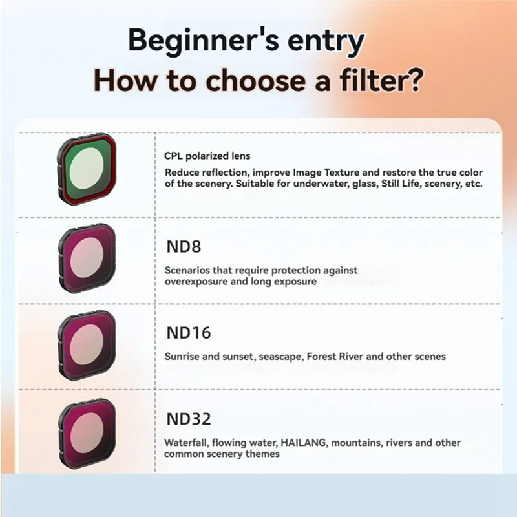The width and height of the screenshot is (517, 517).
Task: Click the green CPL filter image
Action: [x=86, y=169]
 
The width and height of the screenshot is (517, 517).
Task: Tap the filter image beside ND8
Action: [x=86, y=257]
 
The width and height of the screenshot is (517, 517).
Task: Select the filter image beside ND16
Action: [x=86, y=343]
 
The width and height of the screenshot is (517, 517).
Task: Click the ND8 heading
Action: [x=183, y=247]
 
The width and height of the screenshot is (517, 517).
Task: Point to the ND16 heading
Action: [x=188, y=333]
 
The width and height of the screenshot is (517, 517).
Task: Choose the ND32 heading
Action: [x=189, y=419]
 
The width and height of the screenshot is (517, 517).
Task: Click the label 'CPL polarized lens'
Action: [x=207, y=156]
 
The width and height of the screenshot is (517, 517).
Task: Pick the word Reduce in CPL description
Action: [x=182, y=173]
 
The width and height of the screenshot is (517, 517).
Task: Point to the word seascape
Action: [x=279, y=356]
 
